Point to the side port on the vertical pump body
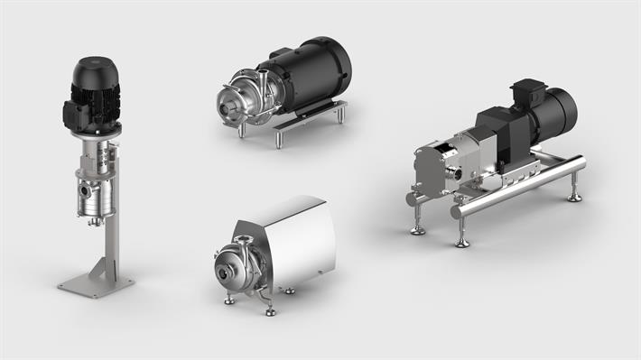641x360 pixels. [84, 190]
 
